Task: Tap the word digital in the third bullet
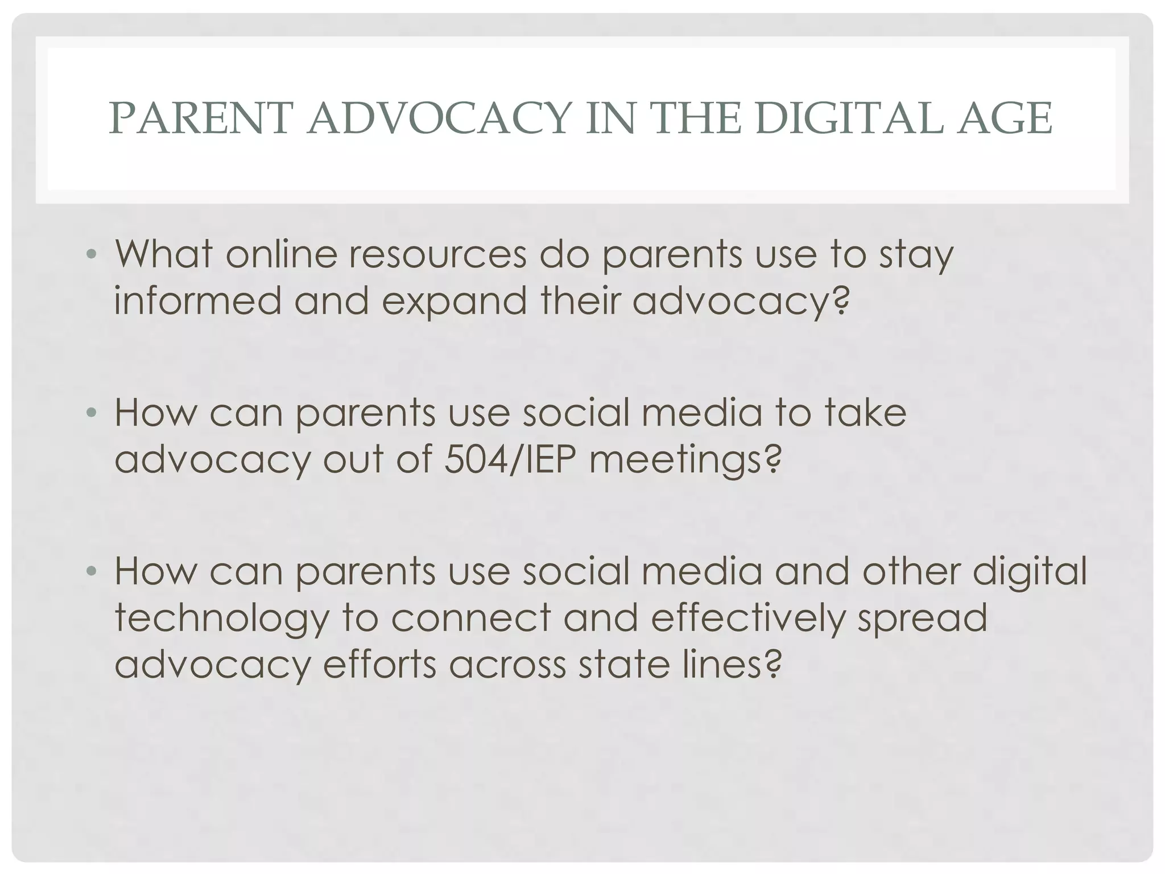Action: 1030,572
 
